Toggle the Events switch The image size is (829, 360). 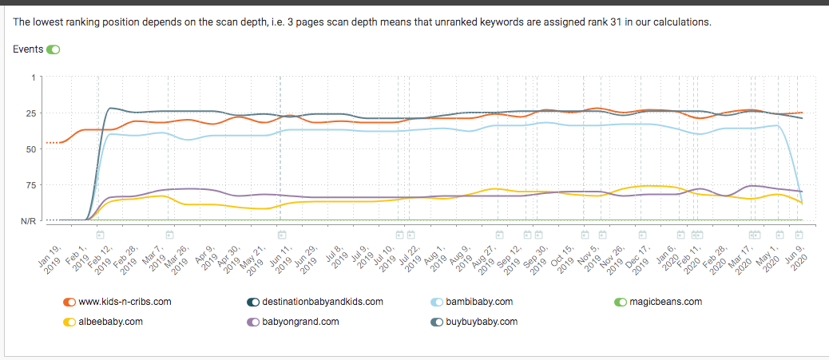coord(53,49)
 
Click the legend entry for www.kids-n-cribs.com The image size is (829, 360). coord(124,302)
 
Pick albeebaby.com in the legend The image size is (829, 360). coord(112,322)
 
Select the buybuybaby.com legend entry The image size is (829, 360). coord(481,322)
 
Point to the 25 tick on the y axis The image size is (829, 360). coord(30,113)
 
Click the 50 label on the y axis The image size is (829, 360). coord(30,149)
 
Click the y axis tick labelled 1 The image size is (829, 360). coord(33,77)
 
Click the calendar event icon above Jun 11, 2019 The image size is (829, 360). coord(282,235)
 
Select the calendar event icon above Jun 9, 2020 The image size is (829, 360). coord(799,235)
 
